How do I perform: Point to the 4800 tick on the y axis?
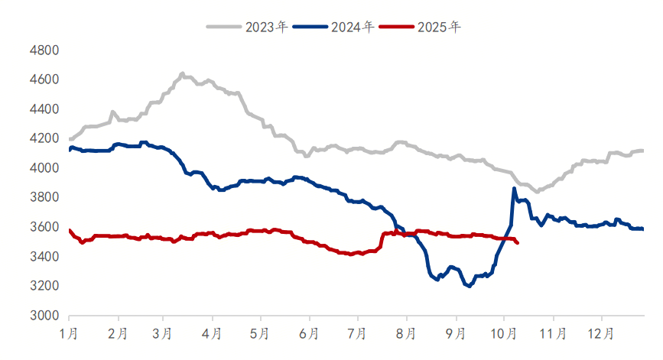tap(44, 50)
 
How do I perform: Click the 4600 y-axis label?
tap(44, 79)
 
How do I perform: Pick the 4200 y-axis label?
tap(44, 138)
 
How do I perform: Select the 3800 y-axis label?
tap(44, 197)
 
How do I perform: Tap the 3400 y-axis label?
tap(44, 256)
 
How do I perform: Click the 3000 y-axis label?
tap(44, 315)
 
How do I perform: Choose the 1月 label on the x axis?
tap(69, 333)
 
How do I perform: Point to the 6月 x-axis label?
tap(310, 333)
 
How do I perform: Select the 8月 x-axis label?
tap(408, 333)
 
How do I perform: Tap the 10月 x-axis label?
tap(504, 333)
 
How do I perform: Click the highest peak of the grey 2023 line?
tap(182, 73)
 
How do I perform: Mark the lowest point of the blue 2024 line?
tap(468, 286)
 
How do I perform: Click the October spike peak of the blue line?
tap(514, 188)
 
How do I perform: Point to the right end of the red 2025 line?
tap(518, 243)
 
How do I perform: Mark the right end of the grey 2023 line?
tap(642, 151)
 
